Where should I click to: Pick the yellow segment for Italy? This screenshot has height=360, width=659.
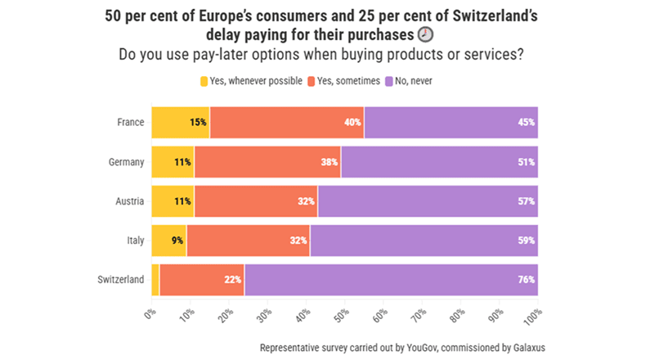pyautogui.click(x=168, y=241)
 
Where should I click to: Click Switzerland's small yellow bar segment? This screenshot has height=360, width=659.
pyautogui.click(x=155, y=280)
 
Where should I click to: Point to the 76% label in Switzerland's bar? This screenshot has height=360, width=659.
pyautogui.click(x=526, y=280)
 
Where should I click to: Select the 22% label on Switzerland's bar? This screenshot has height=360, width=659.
pyautogui.click(x=232, y=280)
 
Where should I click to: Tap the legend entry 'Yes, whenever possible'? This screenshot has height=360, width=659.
pyautogui.click(x=250, y=81)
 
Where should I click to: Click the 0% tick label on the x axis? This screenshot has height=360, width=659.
pyautogui.click(x=150, y=313)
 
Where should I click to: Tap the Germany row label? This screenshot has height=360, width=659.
pyautogui.click(x=127, y=162)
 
